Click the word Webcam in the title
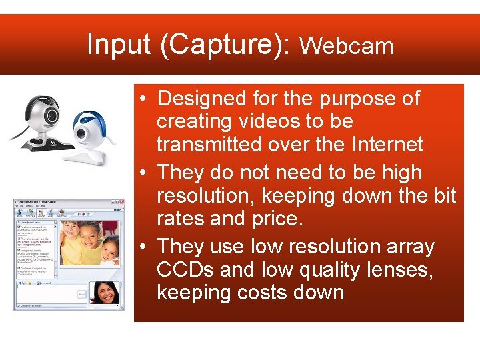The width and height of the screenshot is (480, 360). point(347,46)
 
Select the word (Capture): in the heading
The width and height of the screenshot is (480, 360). point(221,45)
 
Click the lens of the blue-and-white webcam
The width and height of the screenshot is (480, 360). point(85,133)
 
